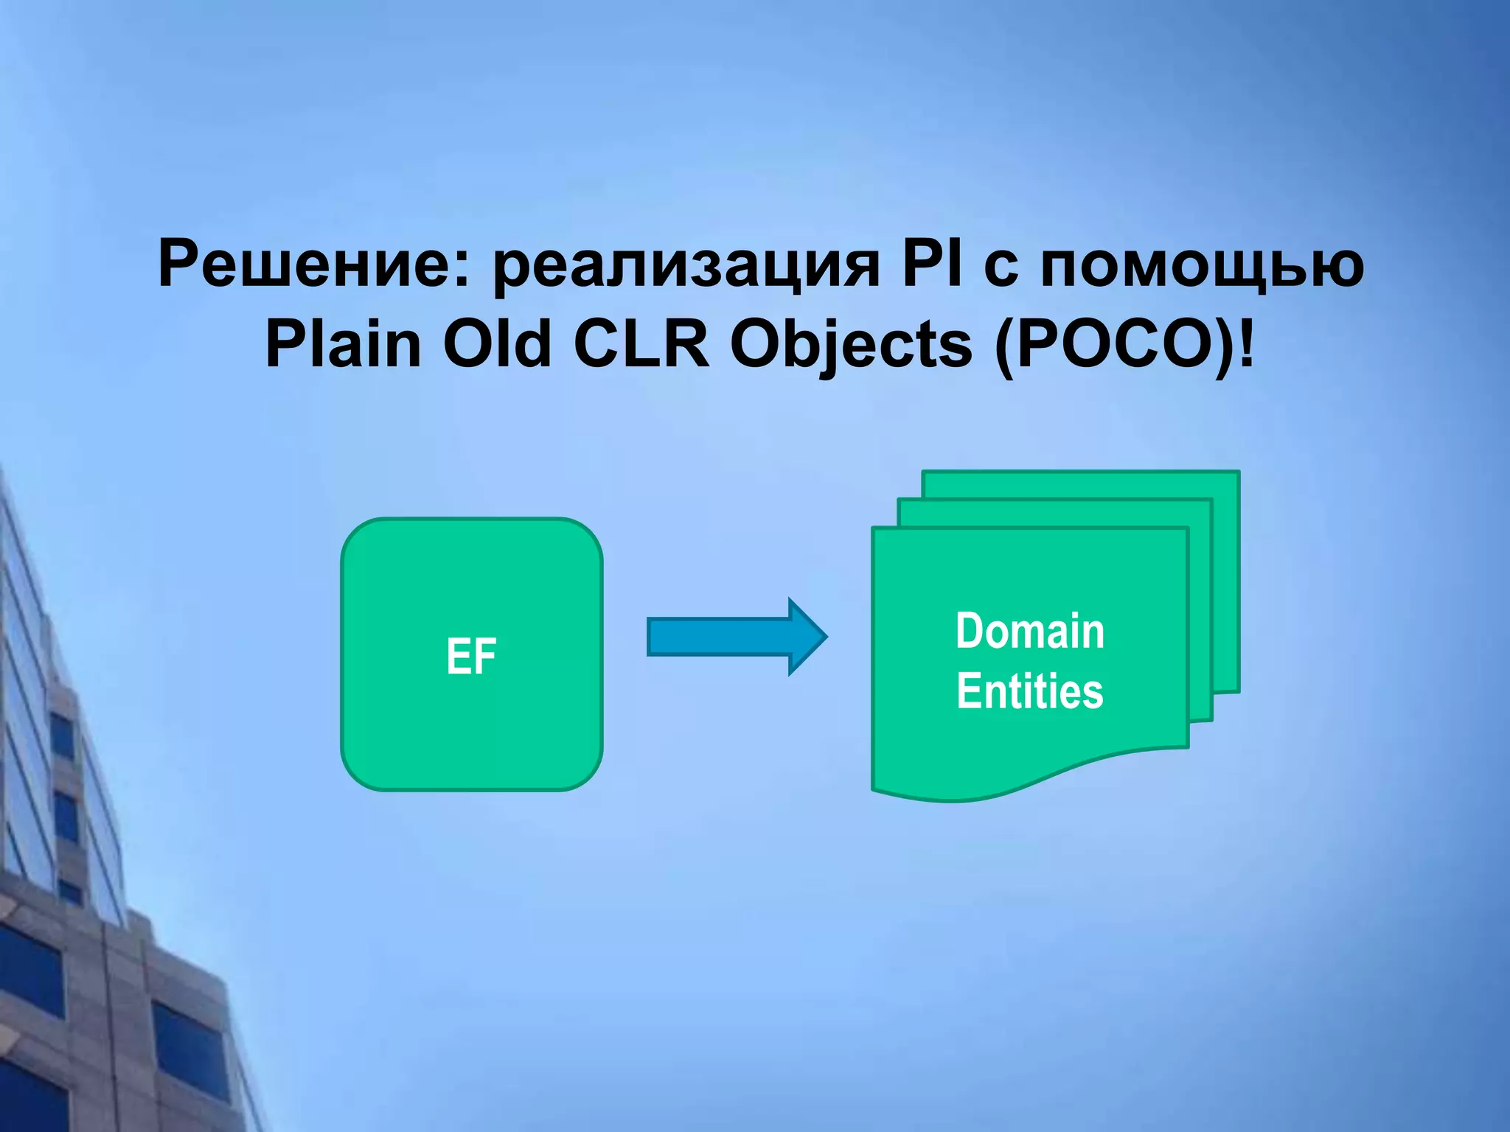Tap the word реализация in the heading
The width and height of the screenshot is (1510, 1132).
pos(686,267)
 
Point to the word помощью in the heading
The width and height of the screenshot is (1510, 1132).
pos(1201,267)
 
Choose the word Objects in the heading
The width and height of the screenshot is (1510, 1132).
pos(851,346)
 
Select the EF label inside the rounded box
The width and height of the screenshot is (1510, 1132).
pos(471,656)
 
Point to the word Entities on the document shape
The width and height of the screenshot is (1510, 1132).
pos(1029,691)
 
